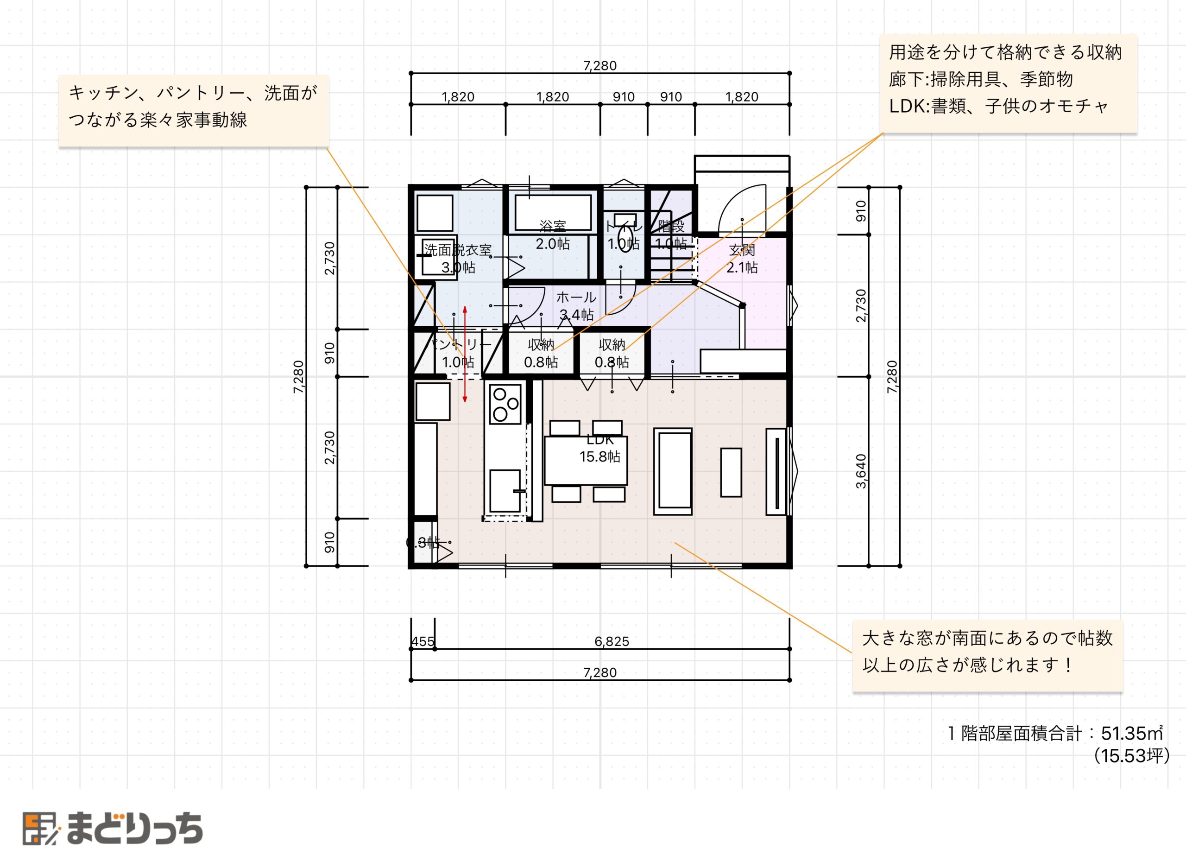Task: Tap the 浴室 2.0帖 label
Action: tap(553, 235)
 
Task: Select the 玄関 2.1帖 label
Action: tap(742, 259)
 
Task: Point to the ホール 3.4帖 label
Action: tap(576, 306)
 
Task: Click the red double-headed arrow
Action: tap(465, 355)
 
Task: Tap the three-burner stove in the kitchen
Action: tap(505, 404)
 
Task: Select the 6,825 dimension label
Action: tap(612, 641)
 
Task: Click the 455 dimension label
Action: tap(423, 641)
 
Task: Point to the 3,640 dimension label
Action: tap(860, 471)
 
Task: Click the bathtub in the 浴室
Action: tap(553, 212)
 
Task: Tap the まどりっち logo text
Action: tap(134, 829)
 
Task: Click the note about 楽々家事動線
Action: tap(193, 107)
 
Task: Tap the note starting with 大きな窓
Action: tap(987, 652)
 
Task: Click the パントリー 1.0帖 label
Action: tap(459, 353)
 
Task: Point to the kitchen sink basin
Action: tap(504, 491)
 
